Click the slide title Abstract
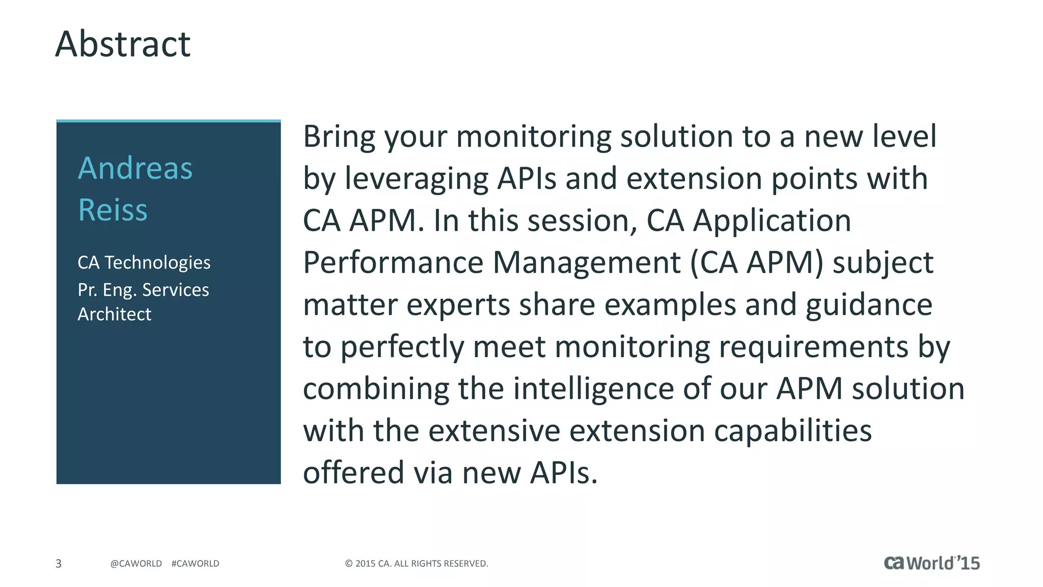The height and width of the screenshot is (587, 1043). (x=123, y=44)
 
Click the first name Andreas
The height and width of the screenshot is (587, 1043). (x=135, y=168)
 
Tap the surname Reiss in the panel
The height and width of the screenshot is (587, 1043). (x=113, y=210)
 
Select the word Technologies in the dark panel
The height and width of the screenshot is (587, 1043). (x=157, y=262)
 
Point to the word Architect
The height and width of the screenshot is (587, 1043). (x=114, y=314)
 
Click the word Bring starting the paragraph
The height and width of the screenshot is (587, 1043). (x=339, y=137)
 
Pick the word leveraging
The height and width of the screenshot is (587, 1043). (x=416, y=179)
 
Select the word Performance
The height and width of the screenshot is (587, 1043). (x=393, y=263)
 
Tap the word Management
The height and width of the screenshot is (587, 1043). (x=586, y=263)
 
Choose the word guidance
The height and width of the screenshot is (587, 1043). (x=869, y=306)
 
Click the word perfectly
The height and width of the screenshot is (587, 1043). (x=402, y=348)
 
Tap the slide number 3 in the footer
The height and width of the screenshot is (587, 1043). (x=59, y=564)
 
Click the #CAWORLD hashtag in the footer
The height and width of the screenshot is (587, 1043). (x=195, y=564)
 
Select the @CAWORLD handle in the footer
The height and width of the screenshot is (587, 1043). (x=136, y=564)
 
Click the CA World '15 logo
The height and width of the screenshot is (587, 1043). (x=931, y=563)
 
